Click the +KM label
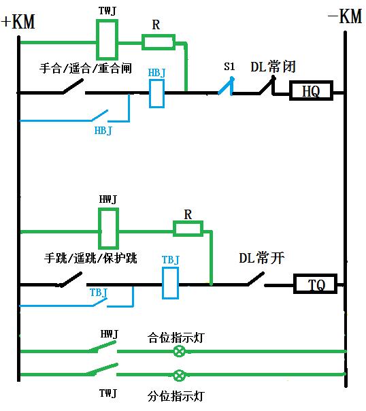coord(18,22)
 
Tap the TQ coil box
coord(315,284)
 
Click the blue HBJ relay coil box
coord(156,93)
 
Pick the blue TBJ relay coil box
coord(170,283)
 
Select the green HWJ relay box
coord(109,228)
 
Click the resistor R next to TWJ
coord(158,42)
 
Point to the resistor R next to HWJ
coord(188,229)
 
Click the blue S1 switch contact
coord(227,87)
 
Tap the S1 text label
coord(229,67)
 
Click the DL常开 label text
coord(261,258)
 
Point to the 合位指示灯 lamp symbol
coord(180,351)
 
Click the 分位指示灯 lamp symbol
coord(179,375)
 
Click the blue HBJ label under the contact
coord(103,130)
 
